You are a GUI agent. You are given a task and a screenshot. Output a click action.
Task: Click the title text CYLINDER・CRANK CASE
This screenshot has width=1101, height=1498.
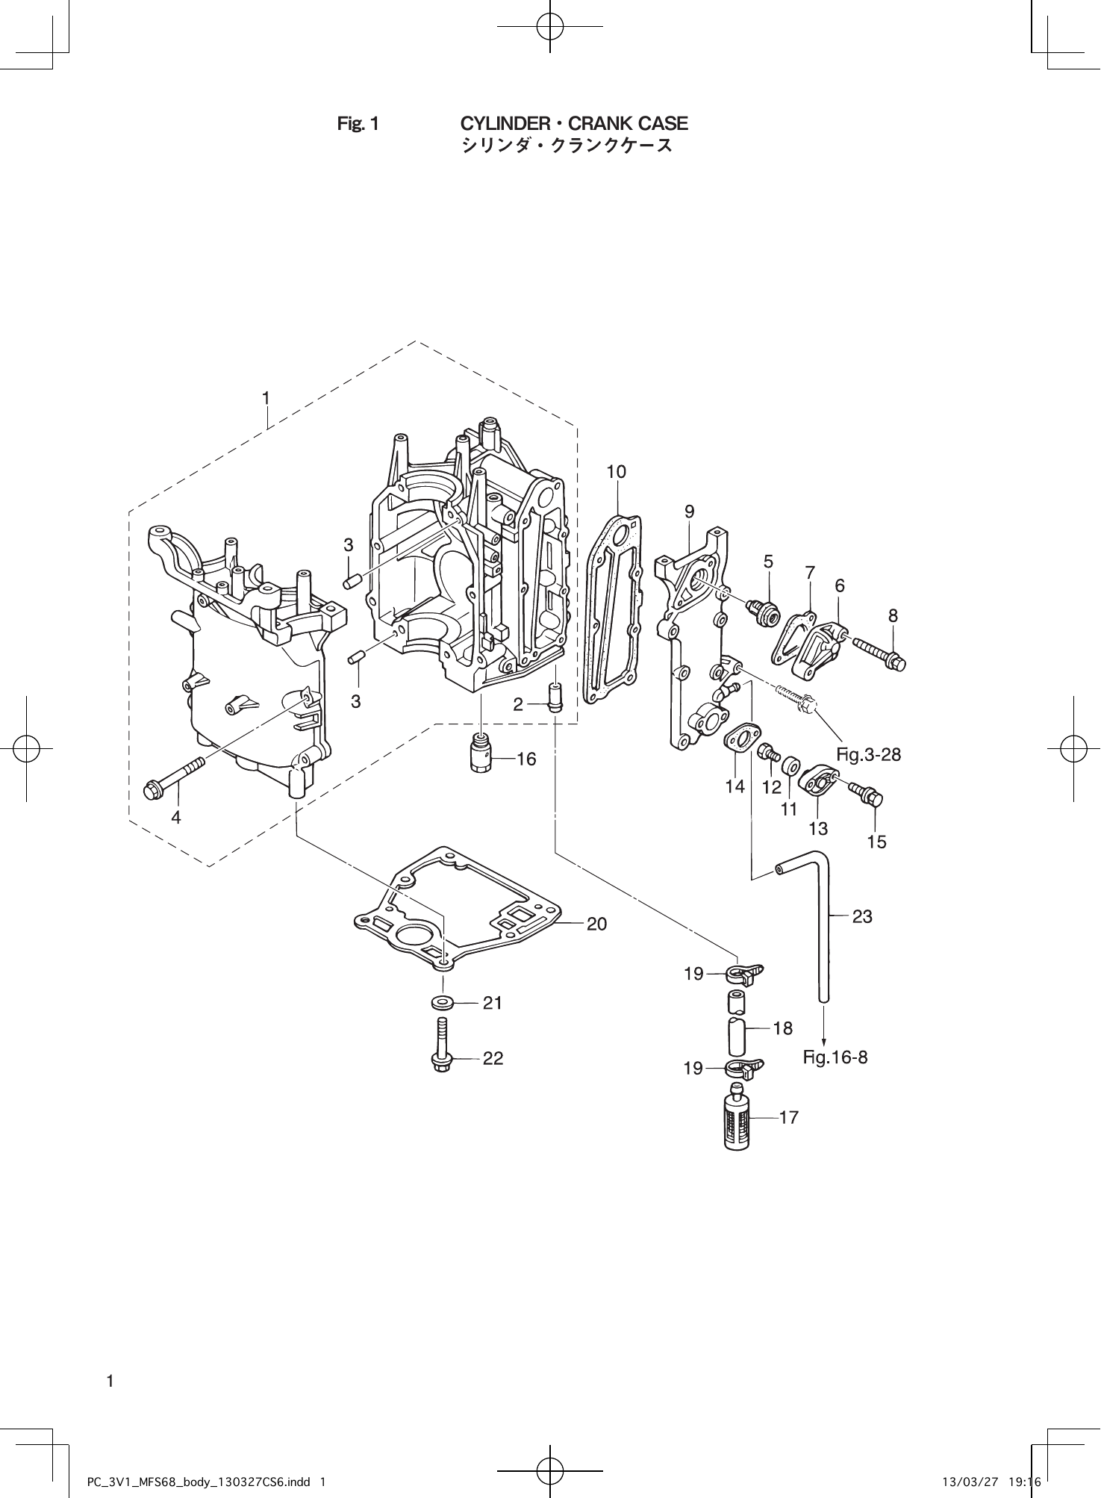(x=573, y=123)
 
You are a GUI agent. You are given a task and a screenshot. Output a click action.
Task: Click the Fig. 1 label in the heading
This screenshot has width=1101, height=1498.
(x=358, y=124)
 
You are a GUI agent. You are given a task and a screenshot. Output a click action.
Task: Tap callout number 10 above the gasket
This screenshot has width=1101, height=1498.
(x=617, y=472)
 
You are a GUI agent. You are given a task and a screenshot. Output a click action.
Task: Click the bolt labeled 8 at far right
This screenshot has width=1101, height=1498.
(x=878, y=652)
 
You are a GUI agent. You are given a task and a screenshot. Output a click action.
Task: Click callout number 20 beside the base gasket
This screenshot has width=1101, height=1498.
(x=596, y=924)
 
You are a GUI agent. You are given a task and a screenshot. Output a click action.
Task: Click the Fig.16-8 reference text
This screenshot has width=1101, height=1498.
(x=835, y=1057)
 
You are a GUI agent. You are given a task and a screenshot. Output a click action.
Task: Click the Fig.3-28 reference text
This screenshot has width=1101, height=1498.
(x=868, y=754)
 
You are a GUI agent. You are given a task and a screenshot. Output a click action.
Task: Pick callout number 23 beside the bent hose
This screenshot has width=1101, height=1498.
(x=862, y=916)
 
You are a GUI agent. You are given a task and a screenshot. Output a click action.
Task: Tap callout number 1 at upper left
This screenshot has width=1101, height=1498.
(x=266, y=398)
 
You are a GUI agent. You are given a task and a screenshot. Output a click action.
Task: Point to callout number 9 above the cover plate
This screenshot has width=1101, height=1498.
(x=689, y=512)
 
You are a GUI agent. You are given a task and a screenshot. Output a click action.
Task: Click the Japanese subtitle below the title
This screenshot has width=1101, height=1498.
(x=567, y=146)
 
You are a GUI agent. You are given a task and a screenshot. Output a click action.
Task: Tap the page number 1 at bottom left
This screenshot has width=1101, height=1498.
(x=110, y=1381)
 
